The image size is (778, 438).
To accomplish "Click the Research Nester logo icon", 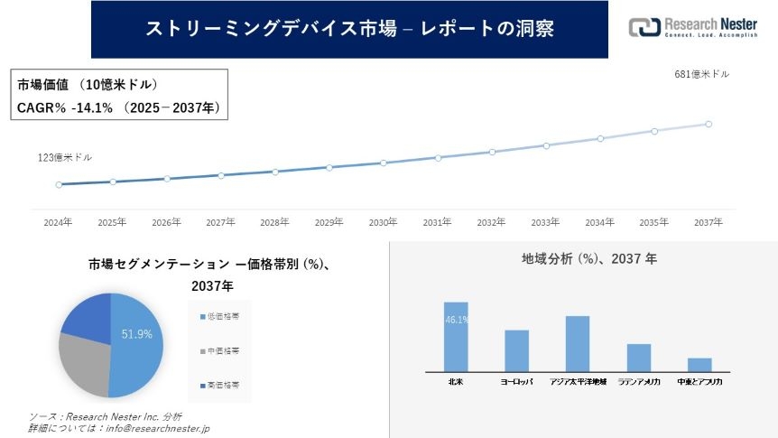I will [x=644, y=28].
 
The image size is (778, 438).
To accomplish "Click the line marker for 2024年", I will [x=59, y=184].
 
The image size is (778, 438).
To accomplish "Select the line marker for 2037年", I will [x=709, y=124].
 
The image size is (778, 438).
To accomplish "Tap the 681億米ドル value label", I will [x=701, y=74].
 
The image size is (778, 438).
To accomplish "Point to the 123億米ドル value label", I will [x=64, y=157].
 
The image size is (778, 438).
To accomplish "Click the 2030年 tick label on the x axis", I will [x=384, y=221].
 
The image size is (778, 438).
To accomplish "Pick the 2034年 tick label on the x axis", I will [x=600, y=221].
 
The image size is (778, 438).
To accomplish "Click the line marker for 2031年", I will [x=438, y=157].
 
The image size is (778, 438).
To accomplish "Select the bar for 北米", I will [x=456, y=336].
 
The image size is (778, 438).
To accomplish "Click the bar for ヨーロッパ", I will [x=516, y=350].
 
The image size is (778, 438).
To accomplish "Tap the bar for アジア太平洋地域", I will [x=578, y=343].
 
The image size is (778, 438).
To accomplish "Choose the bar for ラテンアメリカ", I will [x=639, y=358].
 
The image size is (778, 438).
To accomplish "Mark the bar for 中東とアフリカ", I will [x=699, y=364].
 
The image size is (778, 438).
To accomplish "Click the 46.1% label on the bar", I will [x=456, y=320].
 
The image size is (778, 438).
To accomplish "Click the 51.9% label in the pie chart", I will [x=137, y=334].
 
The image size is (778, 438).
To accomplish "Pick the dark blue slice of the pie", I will [x=87, y=314].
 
